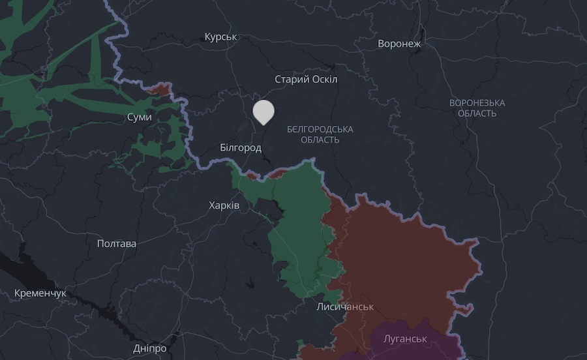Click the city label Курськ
[220, 37]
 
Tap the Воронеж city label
[399, 44]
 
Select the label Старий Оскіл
[306, 80]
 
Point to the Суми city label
[140, 117]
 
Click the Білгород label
[241, 148]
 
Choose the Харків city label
[224, 205]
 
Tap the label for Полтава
[117, 244]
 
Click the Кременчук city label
[40, 293]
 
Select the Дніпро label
[149, 348]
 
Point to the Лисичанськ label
[345, 307]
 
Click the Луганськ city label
[404, 339]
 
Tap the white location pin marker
[263, 112]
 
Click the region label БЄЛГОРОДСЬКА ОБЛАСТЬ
[320, 134]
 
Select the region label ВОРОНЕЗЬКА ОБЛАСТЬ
[477, 108]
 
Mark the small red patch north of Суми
[159, 88]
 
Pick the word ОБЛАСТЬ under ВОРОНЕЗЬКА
[477, 113]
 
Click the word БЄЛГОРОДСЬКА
[320, 129]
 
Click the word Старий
[290, 80]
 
